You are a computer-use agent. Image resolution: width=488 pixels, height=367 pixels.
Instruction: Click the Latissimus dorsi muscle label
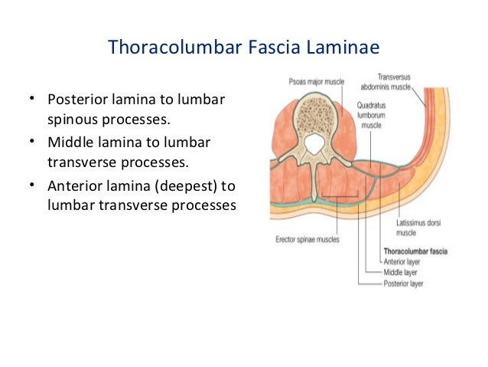click(x=417, y=227)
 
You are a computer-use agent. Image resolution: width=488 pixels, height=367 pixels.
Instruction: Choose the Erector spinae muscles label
click(x=307, y=239)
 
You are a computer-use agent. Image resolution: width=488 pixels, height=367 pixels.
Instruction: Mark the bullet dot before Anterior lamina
click(x=33, y=185)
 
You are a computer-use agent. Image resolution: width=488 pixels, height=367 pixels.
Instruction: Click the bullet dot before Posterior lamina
click(x=33, y=100)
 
